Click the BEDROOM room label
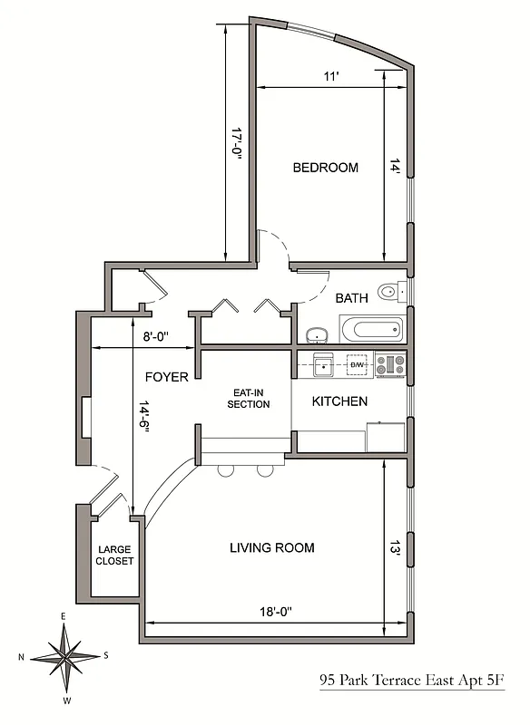[x=325, y=168]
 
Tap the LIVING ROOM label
[x=271, y=547]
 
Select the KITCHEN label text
[x=339, y=401]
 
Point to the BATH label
[x=351, y=297]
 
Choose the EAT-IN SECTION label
[x=249, y=398]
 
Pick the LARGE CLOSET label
[x=115, y=555]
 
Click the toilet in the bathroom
[x=389, y=292]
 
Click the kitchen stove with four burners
[x=395, y=364]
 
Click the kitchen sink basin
[x=323, y=365]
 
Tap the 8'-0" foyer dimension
[x=153, y=337]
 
